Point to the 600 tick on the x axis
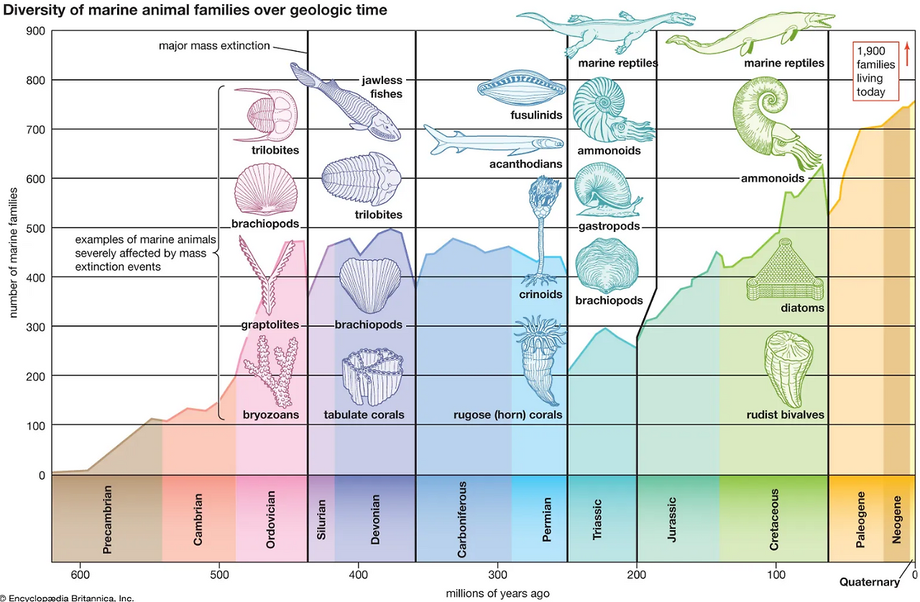click(x=80, y=575)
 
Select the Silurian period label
click(x=322, y=519)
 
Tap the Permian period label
click(x=547, y=519)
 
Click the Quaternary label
click(x=870, y=583)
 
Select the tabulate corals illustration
click(x=369, y=377)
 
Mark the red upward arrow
click(x=907, y=54)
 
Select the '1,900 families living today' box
click(x=875, y=70)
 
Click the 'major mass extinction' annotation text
click(x=214, y=46)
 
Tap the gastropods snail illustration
click(x=604, y=190)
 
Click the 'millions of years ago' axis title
click(x=497, y=593)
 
